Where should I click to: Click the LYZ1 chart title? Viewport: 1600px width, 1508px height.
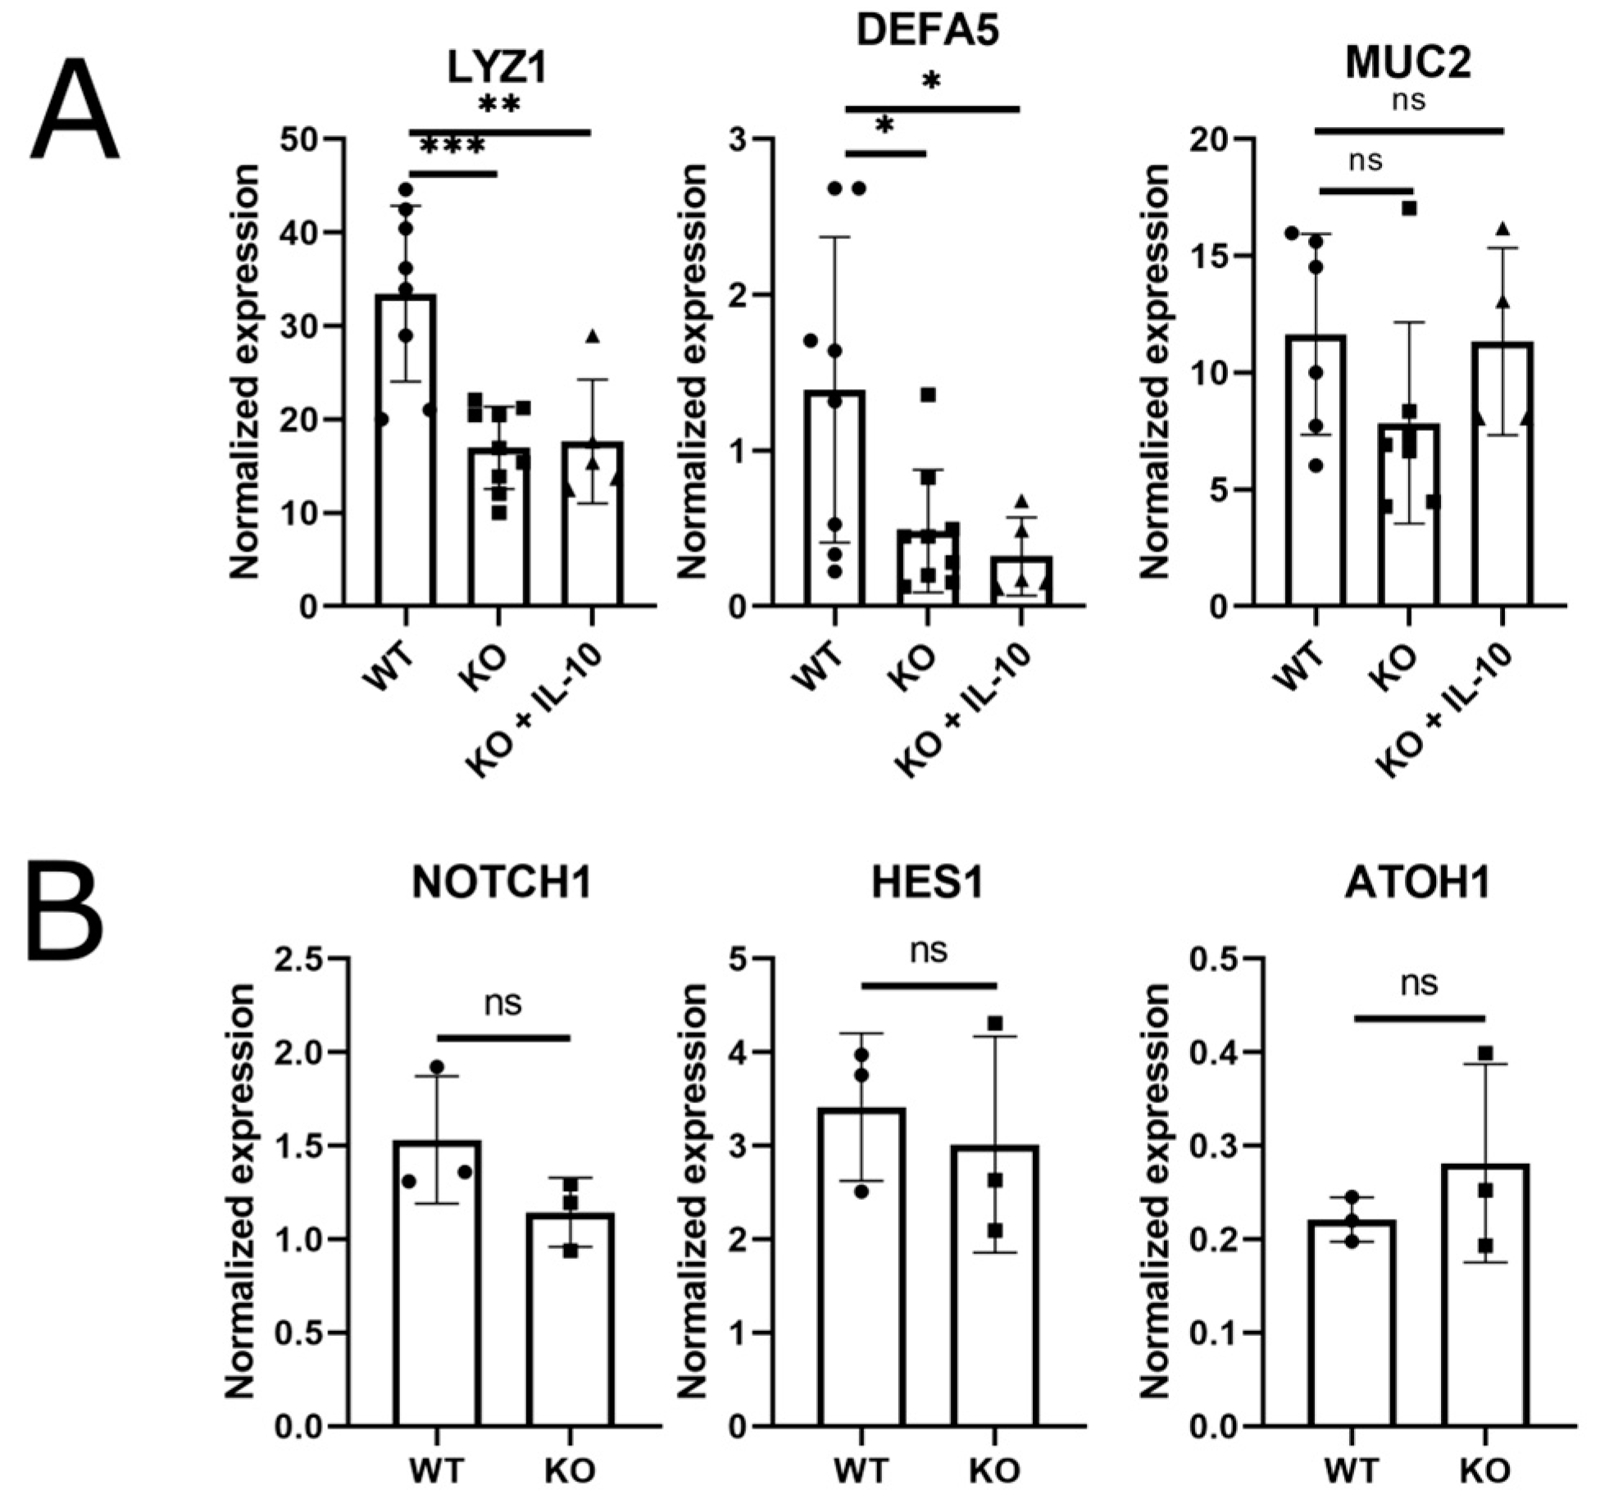pos(498,68)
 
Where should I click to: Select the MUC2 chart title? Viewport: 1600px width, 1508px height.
pos(1408,63)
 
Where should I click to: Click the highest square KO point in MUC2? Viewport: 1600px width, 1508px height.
pos(1409,208)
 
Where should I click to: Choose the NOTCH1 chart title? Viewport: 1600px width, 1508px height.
pos(502,883)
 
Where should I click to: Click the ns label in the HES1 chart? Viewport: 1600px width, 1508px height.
pos(929,951)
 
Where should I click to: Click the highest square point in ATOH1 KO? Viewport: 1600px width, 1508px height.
pos(1485,1053)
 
